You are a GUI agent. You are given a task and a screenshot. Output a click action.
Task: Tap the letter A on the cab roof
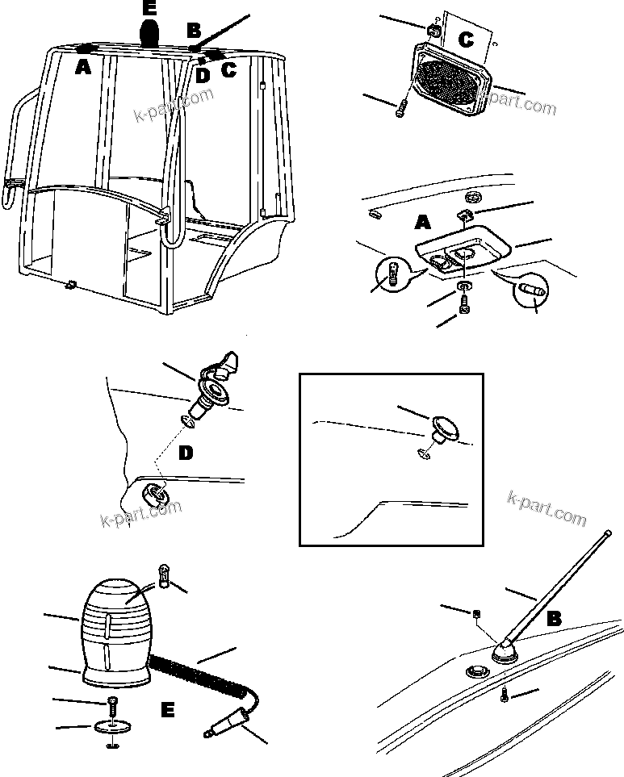pos(82,69)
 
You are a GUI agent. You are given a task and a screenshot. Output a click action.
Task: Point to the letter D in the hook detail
pos(186,453)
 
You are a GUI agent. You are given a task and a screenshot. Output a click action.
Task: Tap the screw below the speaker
pos(400,108)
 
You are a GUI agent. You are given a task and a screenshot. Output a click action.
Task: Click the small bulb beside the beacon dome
pos(164,578)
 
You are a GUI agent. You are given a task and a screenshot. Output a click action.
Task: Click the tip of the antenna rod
pos(606,532)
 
